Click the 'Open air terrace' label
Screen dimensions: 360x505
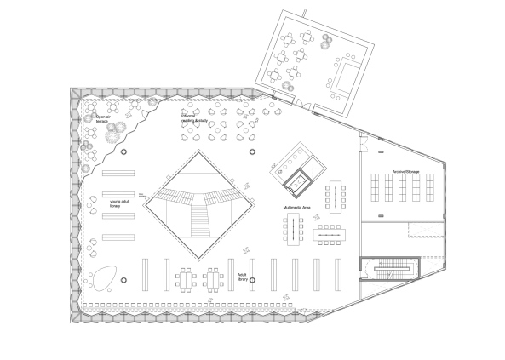pyautogui.click(x=103, y=120)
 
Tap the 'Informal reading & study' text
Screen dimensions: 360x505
pyautogui.click(x=194, y=119)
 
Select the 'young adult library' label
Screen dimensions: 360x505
pyautogui.click(x=123, y=204)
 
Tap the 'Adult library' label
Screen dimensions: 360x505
pyautogui.click(x=242, y=277)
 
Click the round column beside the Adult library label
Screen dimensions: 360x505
pyautogui.click(x=252, y=287)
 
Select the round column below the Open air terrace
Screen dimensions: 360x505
pyautogui.click(x=124, y=152)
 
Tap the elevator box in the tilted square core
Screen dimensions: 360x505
pyautogui.click(x=298, y=180)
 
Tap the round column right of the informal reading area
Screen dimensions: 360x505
pyautogui.click(x=252, y=152)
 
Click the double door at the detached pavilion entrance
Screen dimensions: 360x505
pyautogui.click(x=302, y=106)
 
